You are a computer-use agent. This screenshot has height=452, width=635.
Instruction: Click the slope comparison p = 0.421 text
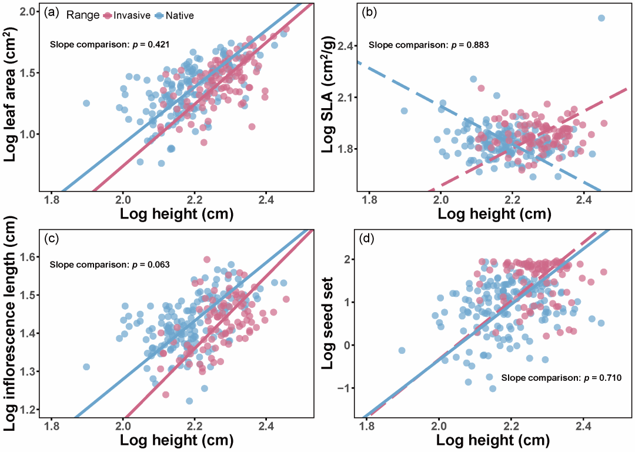(110, 45)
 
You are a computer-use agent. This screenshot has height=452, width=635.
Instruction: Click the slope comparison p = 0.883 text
(429, 45)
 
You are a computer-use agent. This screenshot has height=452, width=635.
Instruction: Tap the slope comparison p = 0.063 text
(110, 264)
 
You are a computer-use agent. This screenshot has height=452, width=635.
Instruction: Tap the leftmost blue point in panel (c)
(86, 367)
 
